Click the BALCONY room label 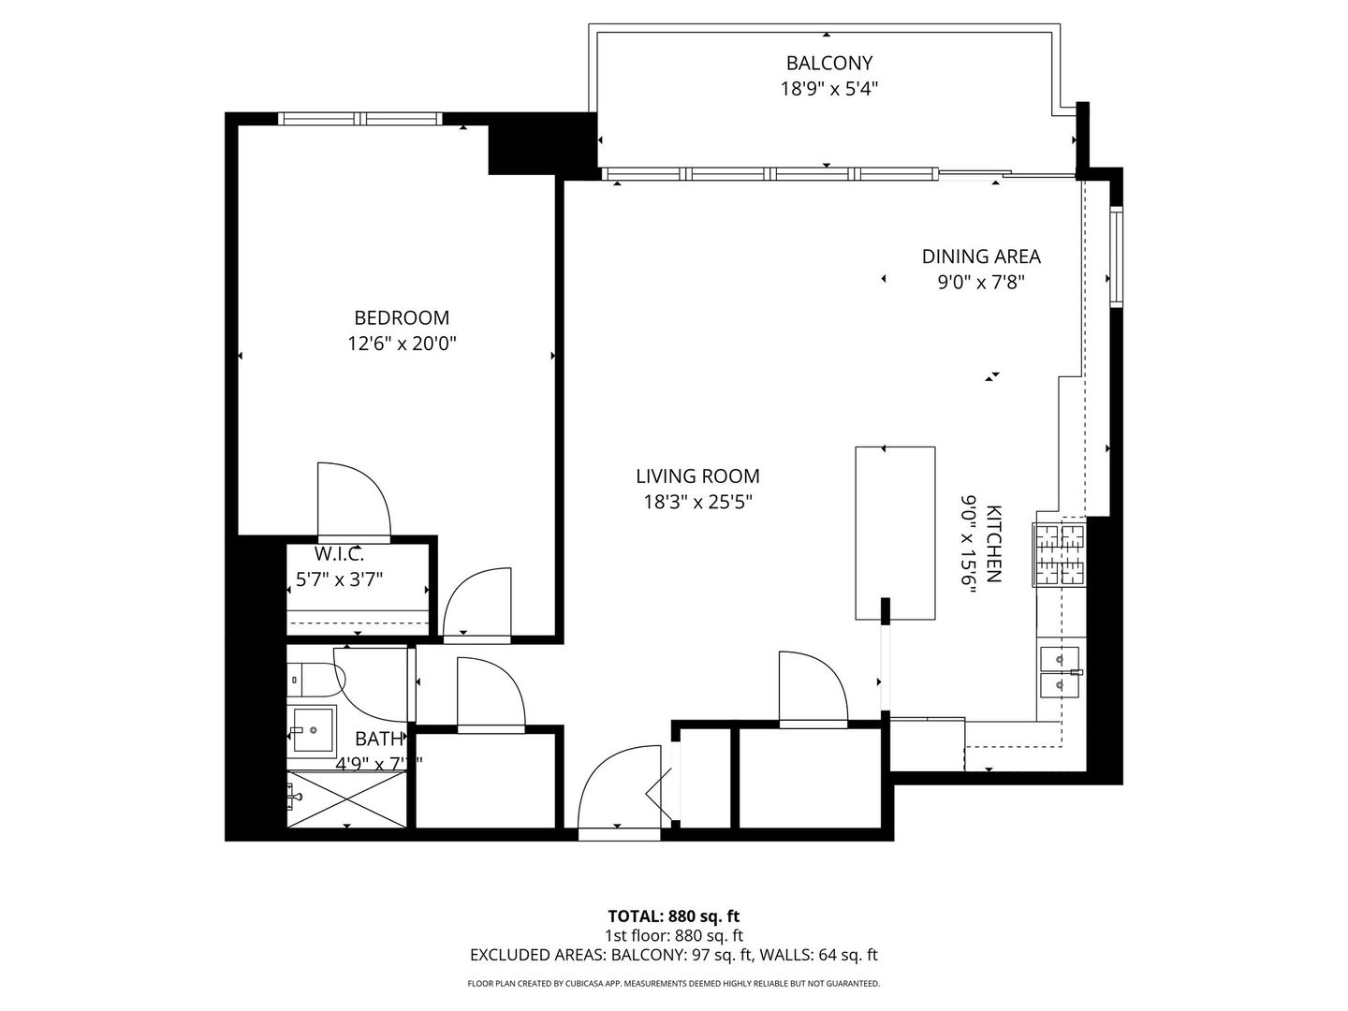point(828,63)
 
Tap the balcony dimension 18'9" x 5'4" point(828,89)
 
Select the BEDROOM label point(402,317)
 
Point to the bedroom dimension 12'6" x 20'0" point(402,344)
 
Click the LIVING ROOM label point(697,476)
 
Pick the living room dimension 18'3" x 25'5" point(697,503)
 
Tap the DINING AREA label point(981,256)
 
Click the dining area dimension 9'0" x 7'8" point(981,282)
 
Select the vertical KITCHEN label point(994,544)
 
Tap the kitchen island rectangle point(895,532)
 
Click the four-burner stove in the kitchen point(1060,553)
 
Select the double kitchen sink point(1060,672)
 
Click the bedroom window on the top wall point(359,118)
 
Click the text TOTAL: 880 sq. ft point(673,916)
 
